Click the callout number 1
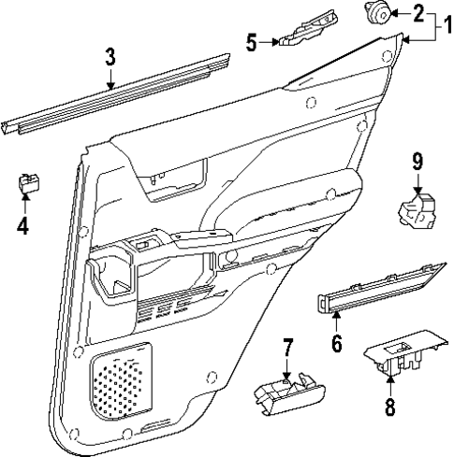click(444, 16)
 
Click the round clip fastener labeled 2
click(379, 13)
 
